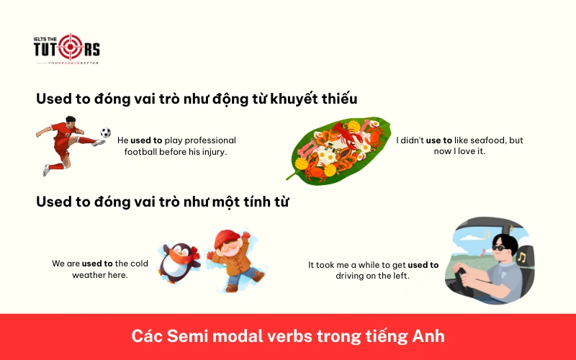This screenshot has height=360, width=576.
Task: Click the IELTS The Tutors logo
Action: pyautogui.click(x=67, y=49)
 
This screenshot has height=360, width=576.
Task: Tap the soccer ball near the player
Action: pyautogui.click(x=106, y=132)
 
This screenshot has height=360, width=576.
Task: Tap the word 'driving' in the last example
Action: pyautogui.click(x=351, y=276)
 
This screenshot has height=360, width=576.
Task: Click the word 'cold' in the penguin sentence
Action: pyautogui.click(x=139, y=264)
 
